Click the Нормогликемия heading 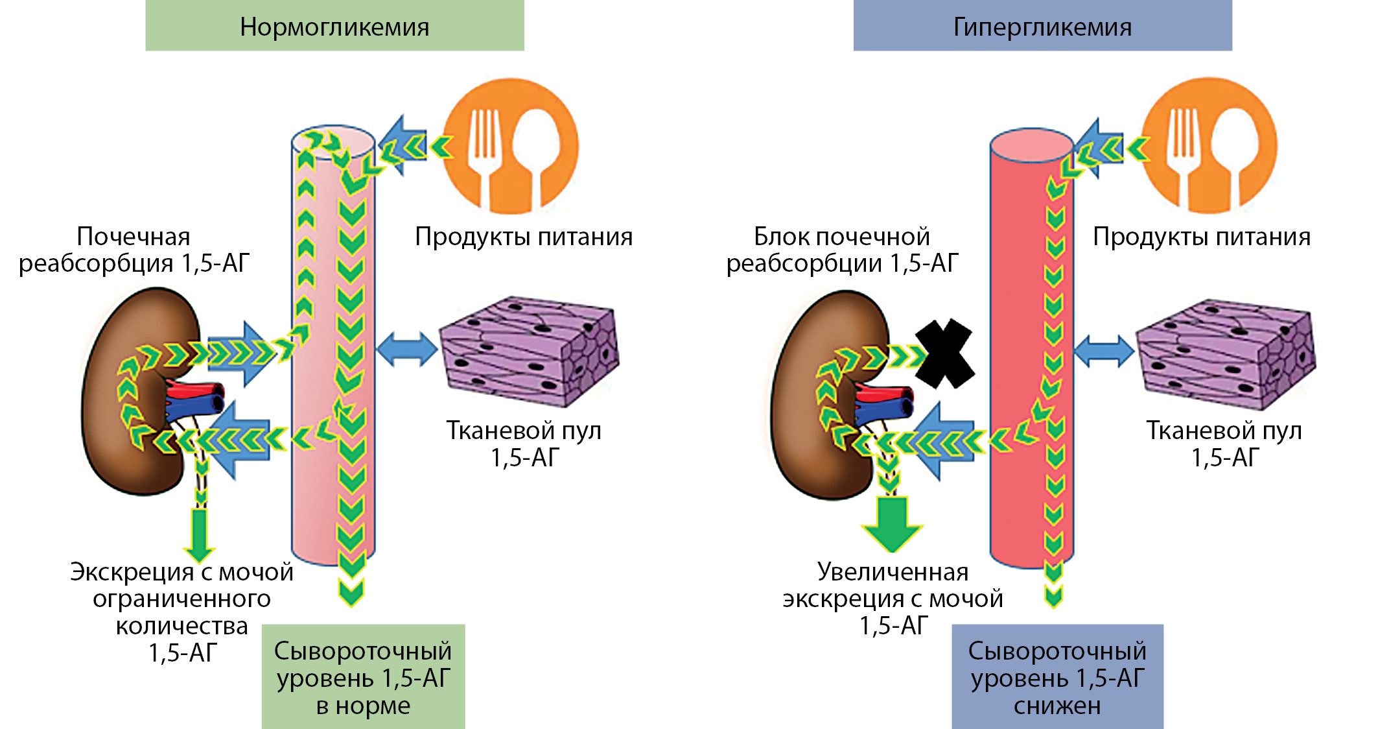[x=334, y=27]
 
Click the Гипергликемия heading [x=1042, y=27]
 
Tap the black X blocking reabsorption [x=944, y=353]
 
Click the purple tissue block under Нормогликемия [x=528, y=350]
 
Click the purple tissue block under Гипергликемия [x=1225, y=353]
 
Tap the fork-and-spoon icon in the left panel [x=510, y=146]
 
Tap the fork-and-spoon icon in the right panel [x=1209, y=146]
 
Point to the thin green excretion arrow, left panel [x=200, y=535]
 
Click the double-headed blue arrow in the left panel [x=406, y=350]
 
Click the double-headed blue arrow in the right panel [x=1104, y=351]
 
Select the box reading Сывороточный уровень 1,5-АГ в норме [x=363, y=676]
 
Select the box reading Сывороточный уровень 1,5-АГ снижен [x=1057, y=676]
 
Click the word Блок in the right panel [x=782, y=237]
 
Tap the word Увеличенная [x=893, y=572]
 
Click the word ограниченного [x=181, y=599]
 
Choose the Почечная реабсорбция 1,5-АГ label [x=134, y=250]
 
